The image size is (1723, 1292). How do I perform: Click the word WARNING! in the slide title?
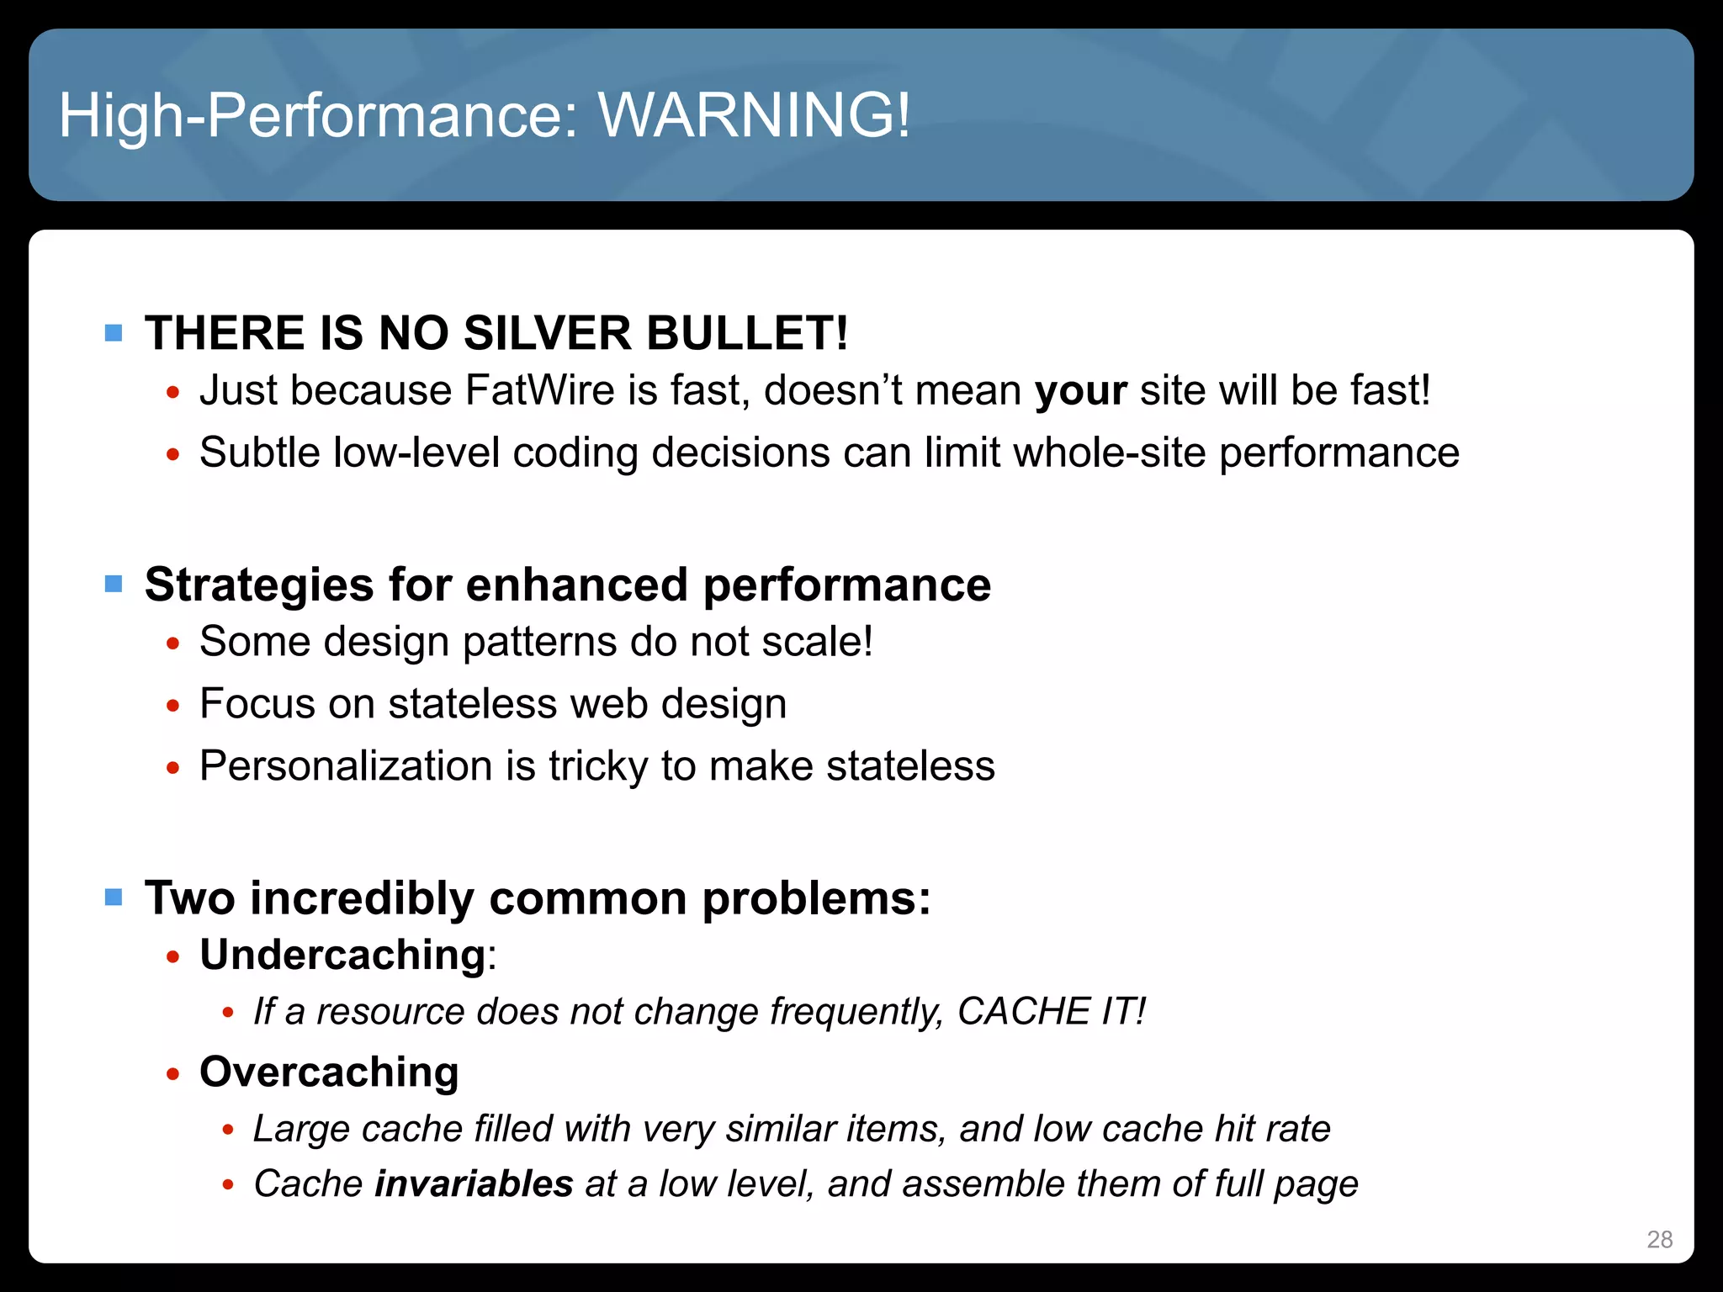754,115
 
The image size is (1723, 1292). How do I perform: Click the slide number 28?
1659,1239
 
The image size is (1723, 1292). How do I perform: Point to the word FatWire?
539,391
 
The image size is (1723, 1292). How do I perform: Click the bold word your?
1080,391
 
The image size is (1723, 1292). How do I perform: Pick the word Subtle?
260,453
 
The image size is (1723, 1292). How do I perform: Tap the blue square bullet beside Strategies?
114,584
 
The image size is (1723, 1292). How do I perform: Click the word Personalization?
346,766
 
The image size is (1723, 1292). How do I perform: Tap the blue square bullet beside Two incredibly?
114,897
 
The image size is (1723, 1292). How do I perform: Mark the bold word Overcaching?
329,1072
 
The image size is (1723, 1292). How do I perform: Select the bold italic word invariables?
474,1184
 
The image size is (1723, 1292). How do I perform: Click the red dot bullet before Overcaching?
173,1074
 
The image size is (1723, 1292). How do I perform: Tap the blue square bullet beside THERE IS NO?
114,333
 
